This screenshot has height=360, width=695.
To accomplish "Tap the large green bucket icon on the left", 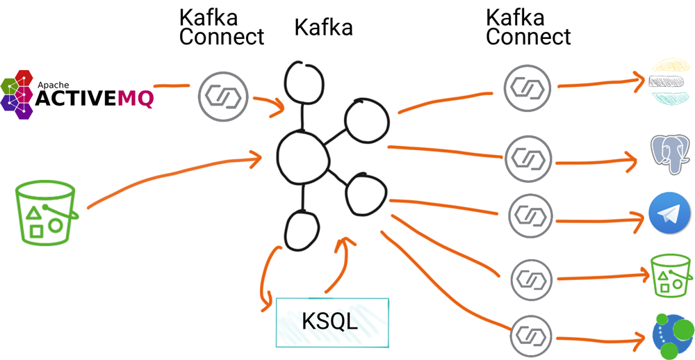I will click(47, 212).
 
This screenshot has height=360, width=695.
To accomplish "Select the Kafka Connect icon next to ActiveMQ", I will click(223, 95).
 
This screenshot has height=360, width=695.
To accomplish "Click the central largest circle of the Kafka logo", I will click(302, 155).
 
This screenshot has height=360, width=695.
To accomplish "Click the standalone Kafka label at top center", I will click(323, 27).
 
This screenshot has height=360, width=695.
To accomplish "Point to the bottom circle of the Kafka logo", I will click(301, 230).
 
